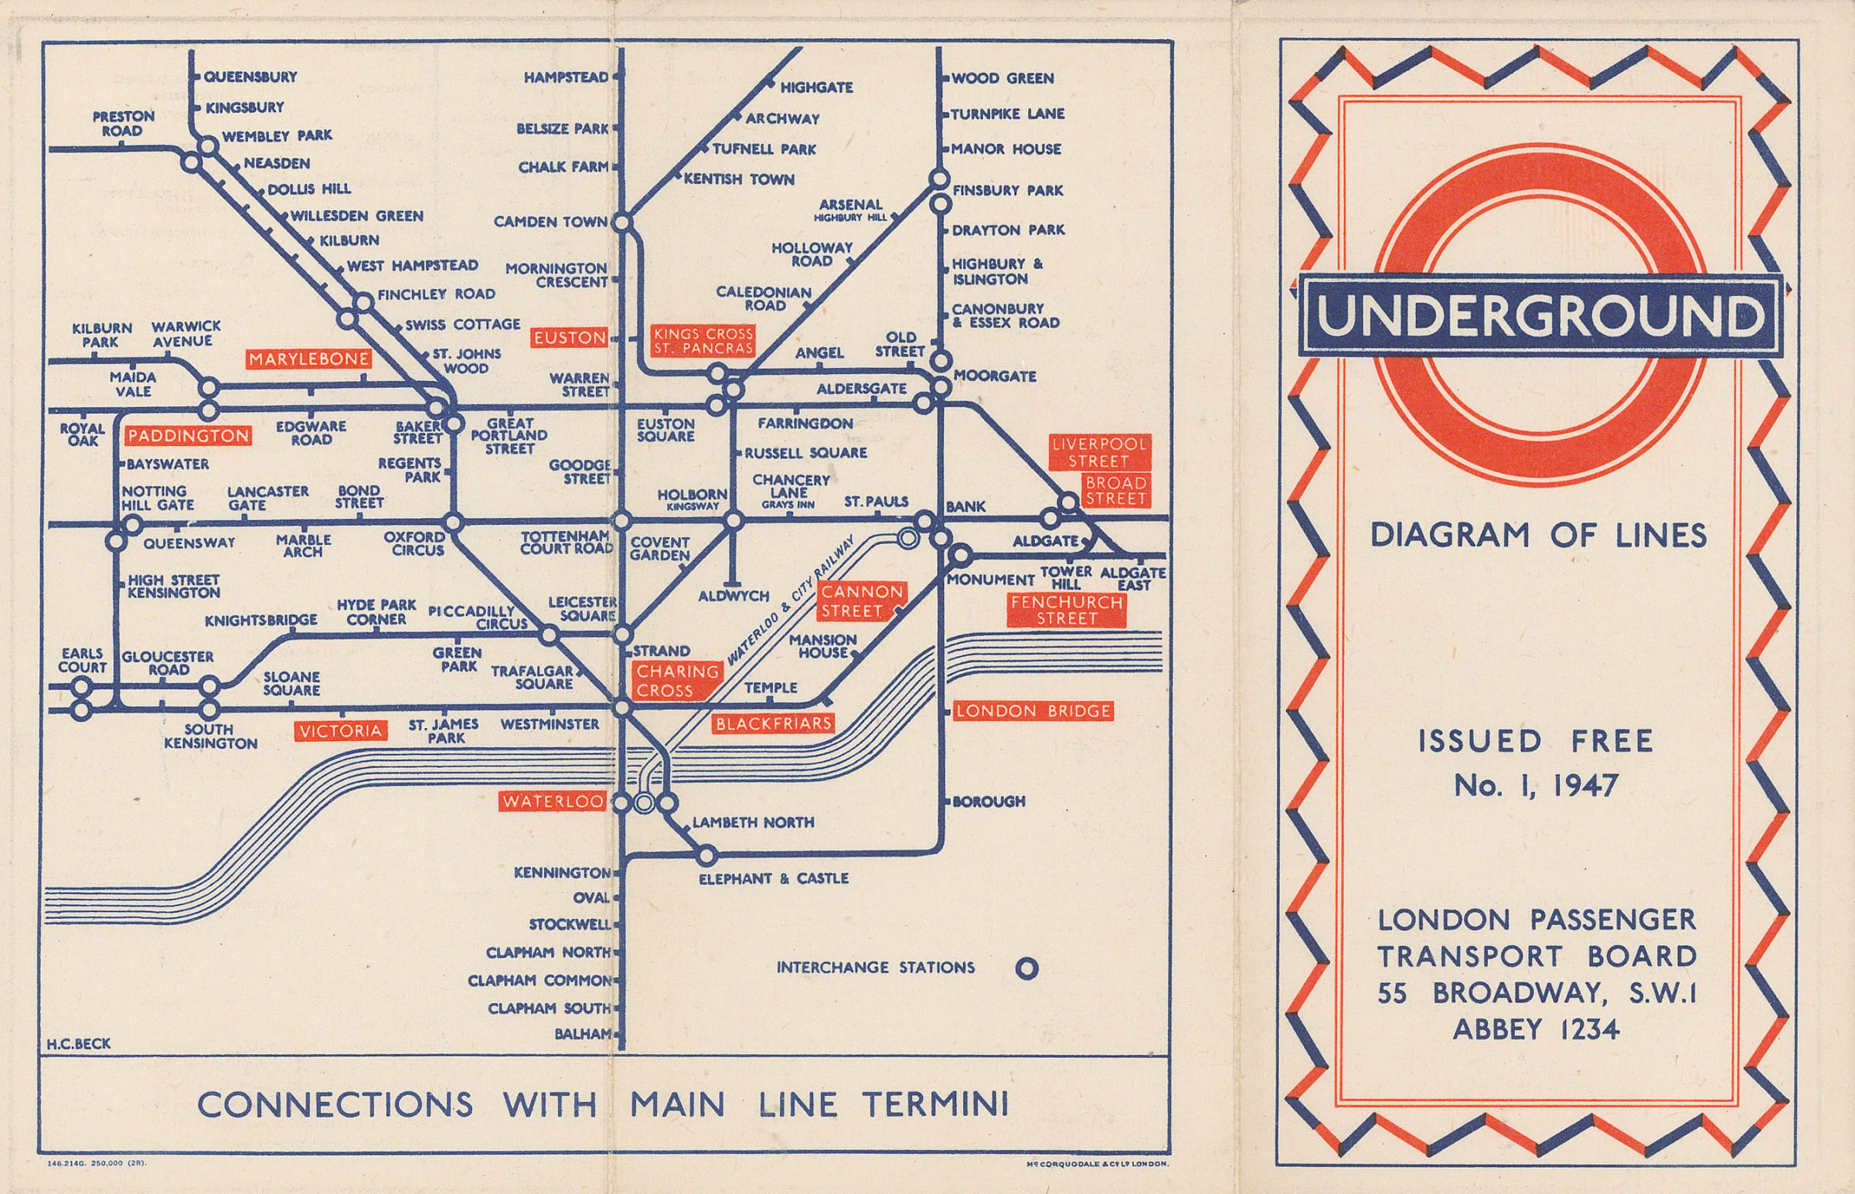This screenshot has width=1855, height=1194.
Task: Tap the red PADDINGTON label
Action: pos(189,436)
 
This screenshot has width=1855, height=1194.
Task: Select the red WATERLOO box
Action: pos(552,801)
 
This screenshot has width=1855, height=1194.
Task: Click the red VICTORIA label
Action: pos(340,730)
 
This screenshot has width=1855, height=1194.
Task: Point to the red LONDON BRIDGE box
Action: pos(1033,711)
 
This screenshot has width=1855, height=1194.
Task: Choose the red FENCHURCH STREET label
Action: pos(1067,611)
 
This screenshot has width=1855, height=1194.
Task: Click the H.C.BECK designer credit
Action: pos(78,1043)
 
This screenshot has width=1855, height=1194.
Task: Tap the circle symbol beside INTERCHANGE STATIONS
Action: pos(1026,968)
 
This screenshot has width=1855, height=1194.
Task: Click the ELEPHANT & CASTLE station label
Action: pos(773,879)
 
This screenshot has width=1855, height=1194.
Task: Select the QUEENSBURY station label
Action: pos(250,77)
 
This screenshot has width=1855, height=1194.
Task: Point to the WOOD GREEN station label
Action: pos(1002,78)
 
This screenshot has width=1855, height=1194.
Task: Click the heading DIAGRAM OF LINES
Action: pos(1538,536)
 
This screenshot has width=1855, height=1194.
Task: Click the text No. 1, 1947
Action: pos(1536,786)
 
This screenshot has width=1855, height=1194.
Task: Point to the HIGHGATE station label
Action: pos(815,87)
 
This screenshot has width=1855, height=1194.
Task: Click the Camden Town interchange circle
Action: pos(622,223)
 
